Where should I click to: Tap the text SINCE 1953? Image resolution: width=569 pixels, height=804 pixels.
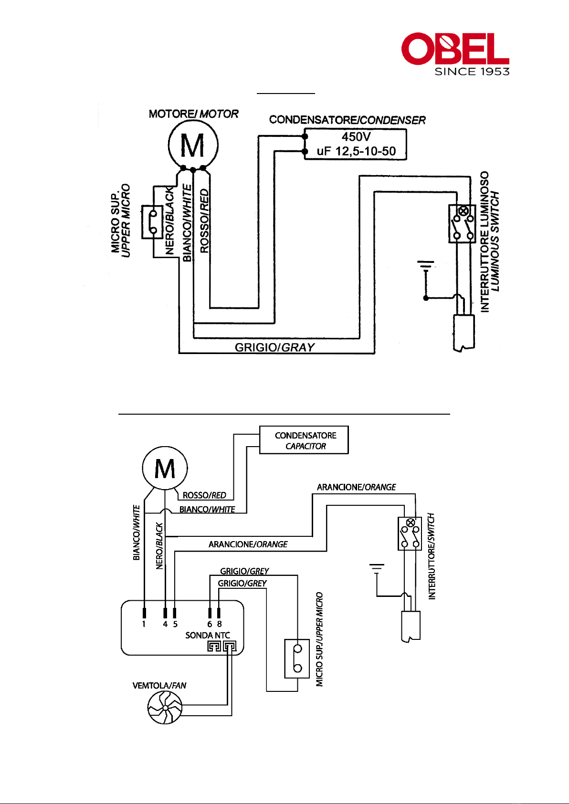(472, 72)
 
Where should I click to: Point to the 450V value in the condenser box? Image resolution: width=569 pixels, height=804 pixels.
(356, 137)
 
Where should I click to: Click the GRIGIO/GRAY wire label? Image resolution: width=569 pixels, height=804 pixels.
(274, 347)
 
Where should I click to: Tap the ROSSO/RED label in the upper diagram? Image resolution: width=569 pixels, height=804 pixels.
(204, 221)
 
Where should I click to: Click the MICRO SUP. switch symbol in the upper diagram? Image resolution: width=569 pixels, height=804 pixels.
(153, 222)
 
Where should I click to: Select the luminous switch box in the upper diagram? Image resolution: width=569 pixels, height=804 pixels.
(462, 224)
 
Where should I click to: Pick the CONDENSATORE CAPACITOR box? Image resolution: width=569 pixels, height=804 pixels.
(304, 439)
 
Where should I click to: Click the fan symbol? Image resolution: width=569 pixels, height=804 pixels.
(165, 708)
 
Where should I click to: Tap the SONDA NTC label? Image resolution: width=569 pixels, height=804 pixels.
(208, 635)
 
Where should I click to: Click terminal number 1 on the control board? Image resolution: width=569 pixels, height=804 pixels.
(144, 624)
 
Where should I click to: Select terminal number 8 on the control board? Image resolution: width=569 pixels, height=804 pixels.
(220, 624)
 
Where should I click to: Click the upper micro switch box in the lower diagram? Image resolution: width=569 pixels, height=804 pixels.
(297, 658)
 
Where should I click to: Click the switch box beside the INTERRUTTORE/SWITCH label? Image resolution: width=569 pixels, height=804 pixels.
(410, 533)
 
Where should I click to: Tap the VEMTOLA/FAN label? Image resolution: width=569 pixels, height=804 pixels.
(159, 686)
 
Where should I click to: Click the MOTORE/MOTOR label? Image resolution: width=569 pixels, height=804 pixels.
(193, 114)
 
